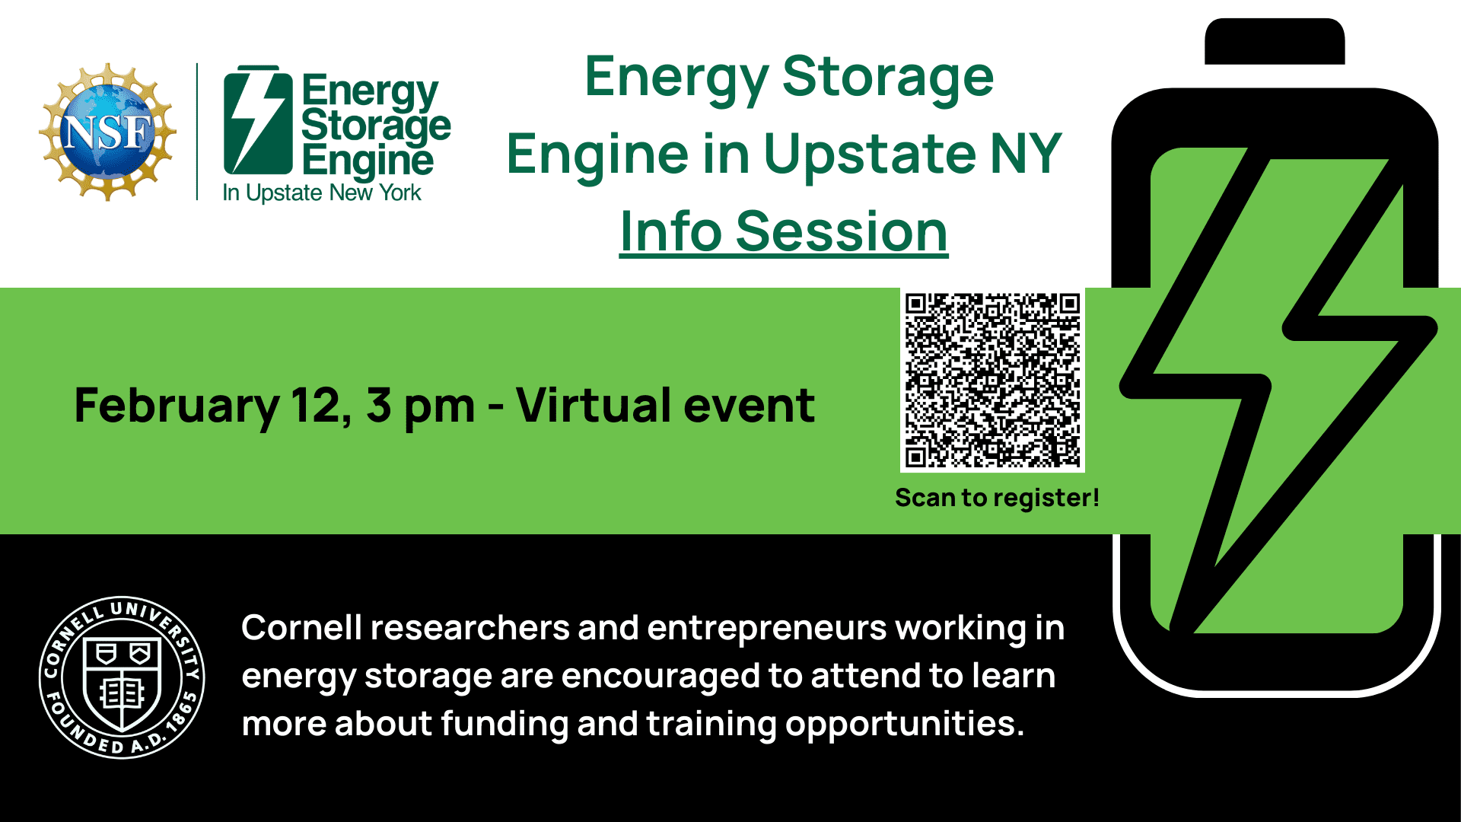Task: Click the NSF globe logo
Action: (108, 132)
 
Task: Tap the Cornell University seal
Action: (122, 677)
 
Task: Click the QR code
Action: (992, 380)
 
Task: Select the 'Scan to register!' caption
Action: (997, 498)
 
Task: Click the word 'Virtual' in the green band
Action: (594, 405)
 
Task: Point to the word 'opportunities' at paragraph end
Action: (905, 725)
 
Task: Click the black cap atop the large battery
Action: (1275, 41)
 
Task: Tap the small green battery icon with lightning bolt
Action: (258, 120)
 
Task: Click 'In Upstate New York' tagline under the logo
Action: (322, 193)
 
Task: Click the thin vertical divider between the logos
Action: (197, 132)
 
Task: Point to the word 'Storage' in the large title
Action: (888, 78)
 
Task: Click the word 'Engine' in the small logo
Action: (368, 161)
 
